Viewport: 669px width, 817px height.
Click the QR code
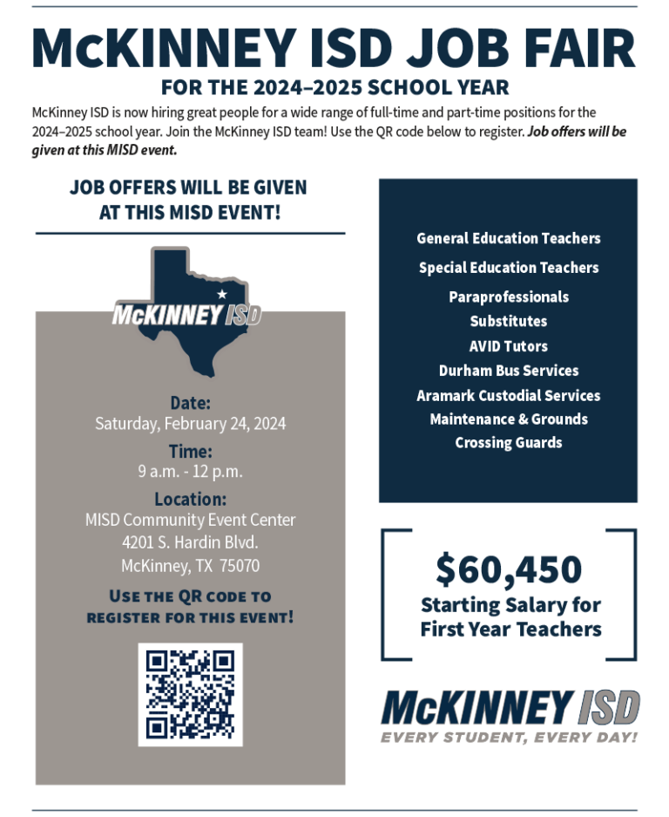(x=190, y=694)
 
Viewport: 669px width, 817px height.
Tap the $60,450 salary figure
(x=510, y=570)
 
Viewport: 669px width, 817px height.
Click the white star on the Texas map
(x=221, y=293)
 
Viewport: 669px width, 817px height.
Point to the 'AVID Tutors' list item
(x=509, y=346)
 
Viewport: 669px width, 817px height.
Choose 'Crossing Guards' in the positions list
(x=509, y=443)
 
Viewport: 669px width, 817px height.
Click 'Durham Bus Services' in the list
(x=509, y=371)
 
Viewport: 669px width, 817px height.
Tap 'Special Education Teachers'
(x=509, y=268)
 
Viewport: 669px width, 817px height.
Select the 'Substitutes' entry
(x=509, y=322)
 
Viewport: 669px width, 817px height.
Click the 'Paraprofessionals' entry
(x=509, y=297)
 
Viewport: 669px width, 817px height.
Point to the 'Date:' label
(x=190, y=404)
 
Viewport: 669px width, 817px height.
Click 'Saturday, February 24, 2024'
(x=190, y=425)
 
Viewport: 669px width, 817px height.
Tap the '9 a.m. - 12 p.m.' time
(x=190, y=472)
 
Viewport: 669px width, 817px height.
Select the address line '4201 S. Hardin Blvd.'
(x=190, y=542)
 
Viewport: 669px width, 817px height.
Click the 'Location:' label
(x=190, y=500)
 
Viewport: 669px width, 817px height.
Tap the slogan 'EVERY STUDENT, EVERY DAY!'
(x=510, y=738)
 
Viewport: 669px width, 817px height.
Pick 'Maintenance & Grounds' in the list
(x=509, y=419)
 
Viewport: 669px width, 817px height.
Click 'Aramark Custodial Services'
(x=509, y=396)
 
